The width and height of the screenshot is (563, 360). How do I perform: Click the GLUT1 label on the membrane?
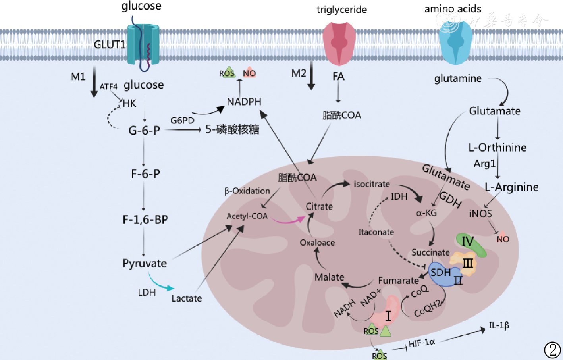(110, 44)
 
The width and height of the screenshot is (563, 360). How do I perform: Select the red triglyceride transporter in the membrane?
(339, 44)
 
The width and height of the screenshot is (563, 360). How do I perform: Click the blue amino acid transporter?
(455, 44)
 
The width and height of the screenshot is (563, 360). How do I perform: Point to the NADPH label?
(244, 102)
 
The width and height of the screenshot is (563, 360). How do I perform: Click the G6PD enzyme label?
(182, 120)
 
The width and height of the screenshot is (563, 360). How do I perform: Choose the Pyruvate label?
(145, 263)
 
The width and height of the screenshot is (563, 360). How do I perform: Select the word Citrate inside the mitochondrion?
(319, 206)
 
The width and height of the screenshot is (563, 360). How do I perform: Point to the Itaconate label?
(376, 232)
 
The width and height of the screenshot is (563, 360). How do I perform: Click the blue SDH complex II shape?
(442, 274)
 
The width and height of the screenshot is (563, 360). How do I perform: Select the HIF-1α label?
(422, 343)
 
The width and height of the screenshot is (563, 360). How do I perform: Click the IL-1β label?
(499, 325)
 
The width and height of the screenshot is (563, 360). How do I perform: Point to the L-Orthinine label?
(497, 148)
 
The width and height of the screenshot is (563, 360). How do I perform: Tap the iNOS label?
(480, 214)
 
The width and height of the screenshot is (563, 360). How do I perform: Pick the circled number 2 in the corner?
(552, 350)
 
